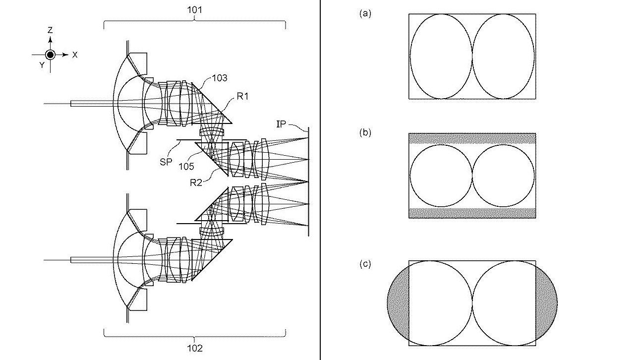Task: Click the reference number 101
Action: pyautogui.click(x=194, y=10)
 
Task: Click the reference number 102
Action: pyautogui.click(x=194, y=348)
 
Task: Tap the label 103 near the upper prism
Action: pyautogui.click(x=220, y=78)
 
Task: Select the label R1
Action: pyautogui.click(x=242, y=97)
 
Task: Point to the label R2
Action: pyautogui.click(x=196, y=182)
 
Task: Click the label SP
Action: pyautogui.click(x=166, y=162)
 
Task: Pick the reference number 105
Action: pyautogui.click(x=186, y=166)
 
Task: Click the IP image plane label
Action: pyautogui.click(x=281, y=124)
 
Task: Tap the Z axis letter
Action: pyautogui.click(x=50, y=30)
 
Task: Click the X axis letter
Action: pyautogui.click(x=75, y=55)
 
